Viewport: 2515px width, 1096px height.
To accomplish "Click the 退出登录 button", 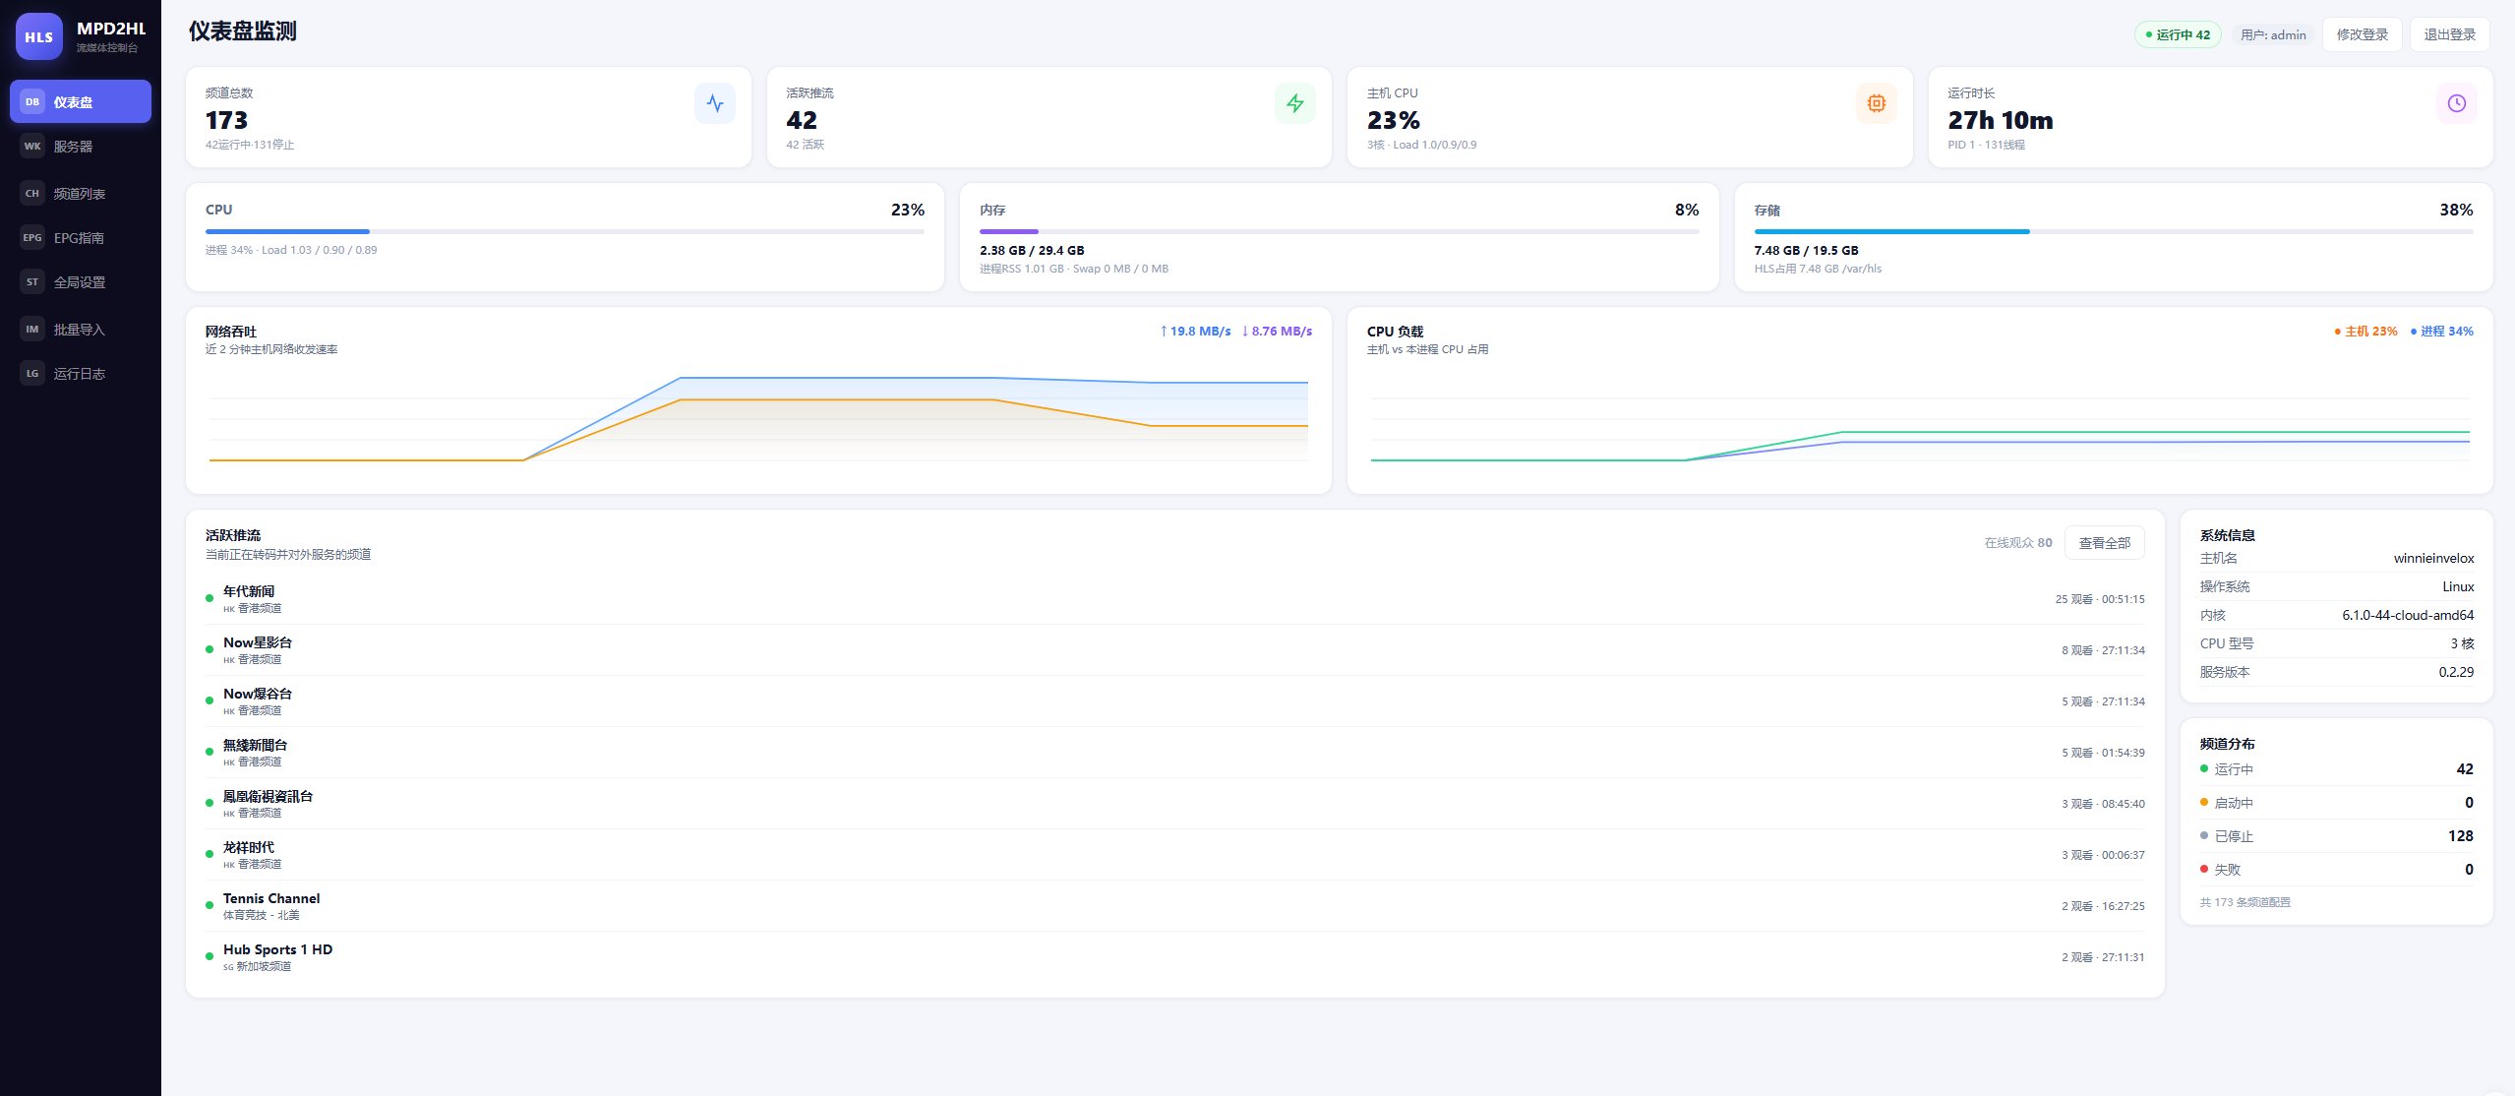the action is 2449,34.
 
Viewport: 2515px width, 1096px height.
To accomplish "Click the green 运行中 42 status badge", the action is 2178,34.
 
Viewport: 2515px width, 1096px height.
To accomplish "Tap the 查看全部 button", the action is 2104,543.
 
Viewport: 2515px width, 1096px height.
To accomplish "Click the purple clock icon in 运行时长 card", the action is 2456,103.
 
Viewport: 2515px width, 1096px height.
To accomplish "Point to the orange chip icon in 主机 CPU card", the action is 1876,103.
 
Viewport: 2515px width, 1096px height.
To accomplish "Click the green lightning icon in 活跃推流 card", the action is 1295,103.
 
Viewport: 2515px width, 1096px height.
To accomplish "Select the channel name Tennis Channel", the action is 271,898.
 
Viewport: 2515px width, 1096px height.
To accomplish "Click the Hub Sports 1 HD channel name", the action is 277,949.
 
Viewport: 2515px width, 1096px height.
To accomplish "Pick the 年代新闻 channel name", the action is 249,591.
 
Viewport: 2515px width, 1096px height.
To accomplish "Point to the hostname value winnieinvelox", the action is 2433,558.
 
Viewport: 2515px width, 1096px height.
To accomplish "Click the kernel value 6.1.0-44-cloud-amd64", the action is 2408,615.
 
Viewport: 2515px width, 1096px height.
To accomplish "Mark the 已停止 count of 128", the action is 2460,836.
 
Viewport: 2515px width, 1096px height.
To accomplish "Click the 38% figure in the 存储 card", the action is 2456,210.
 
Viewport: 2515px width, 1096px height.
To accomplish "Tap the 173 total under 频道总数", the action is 226,120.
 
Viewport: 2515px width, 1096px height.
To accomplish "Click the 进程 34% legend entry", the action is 2442,332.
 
